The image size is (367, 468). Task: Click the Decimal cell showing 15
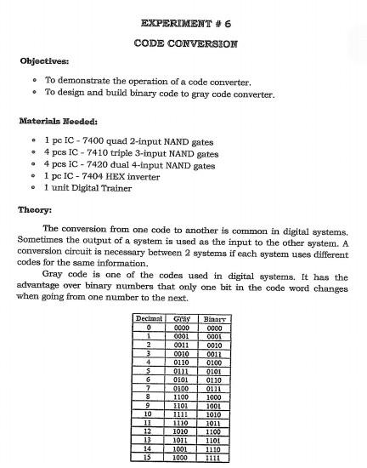click(149, 457)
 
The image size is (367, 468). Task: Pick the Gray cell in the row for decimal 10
click(181, 414)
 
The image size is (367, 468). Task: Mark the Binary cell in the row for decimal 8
click(213, 396)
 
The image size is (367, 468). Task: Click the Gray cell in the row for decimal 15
click(181, 457)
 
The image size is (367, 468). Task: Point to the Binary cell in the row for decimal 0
click(213, 327)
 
